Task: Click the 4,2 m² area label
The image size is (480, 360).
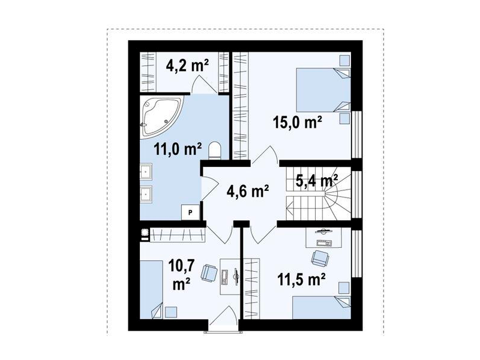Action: (187, 65)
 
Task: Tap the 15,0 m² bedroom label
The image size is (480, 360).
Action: (297, 122)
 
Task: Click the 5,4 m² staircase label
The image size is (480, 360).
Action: (317, 181)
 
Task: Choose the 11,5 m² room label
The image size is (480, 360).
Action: (301, 279)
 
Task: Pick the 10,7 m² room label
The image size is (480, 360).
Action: (181, 275)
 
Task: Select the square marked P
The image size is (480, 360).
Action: (190, 212)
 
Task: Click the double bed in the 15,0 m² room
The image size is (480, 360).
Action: (323, 90)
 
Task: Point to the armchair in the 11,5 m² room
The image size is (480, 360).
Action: (320, 258)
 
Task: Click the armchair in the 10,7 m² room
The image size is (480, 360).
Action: (209, 272)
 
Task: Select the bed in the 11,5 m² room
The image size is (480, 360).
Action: (322, 307)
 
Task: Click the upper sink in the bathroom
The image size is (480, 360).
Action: (146, 171)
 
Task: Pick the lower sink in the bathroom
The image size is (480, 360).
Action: (146, 193)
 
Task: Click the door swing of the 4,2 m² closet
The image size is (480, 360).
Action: (203, 84)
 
